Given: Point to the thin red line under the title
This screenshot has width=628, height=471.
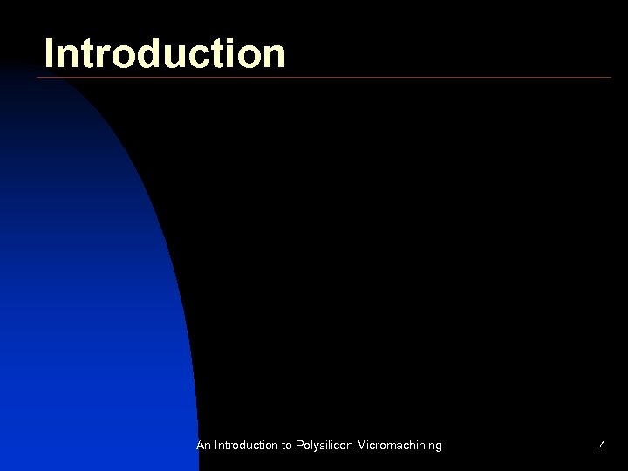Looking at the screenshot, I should click(349, 78).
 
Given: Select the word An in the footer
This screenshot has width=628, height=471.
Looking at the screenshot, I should click(203, 446).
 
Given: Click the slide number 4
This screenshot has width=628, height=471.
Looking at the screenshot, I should click(602, 446).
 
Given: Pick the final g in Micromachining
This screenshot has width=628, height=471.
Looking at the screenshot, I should click(438, 447).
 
